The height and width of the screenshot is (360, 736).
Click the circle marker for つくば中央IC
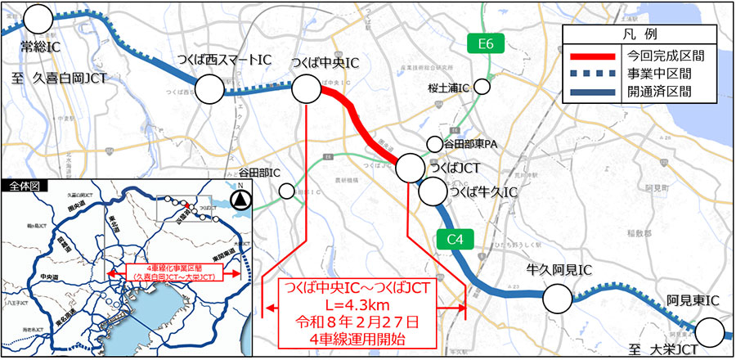point(305,90)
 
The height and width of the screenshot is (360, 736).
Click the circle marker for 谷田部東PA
point(433,144)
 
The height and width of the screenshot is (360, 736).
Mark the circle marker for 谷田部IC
point(286,191)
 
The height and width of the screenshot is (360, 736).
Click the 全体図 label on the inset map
point(24,187)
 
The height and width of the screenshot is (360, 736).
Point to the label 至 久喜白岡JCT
point(66,78)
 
